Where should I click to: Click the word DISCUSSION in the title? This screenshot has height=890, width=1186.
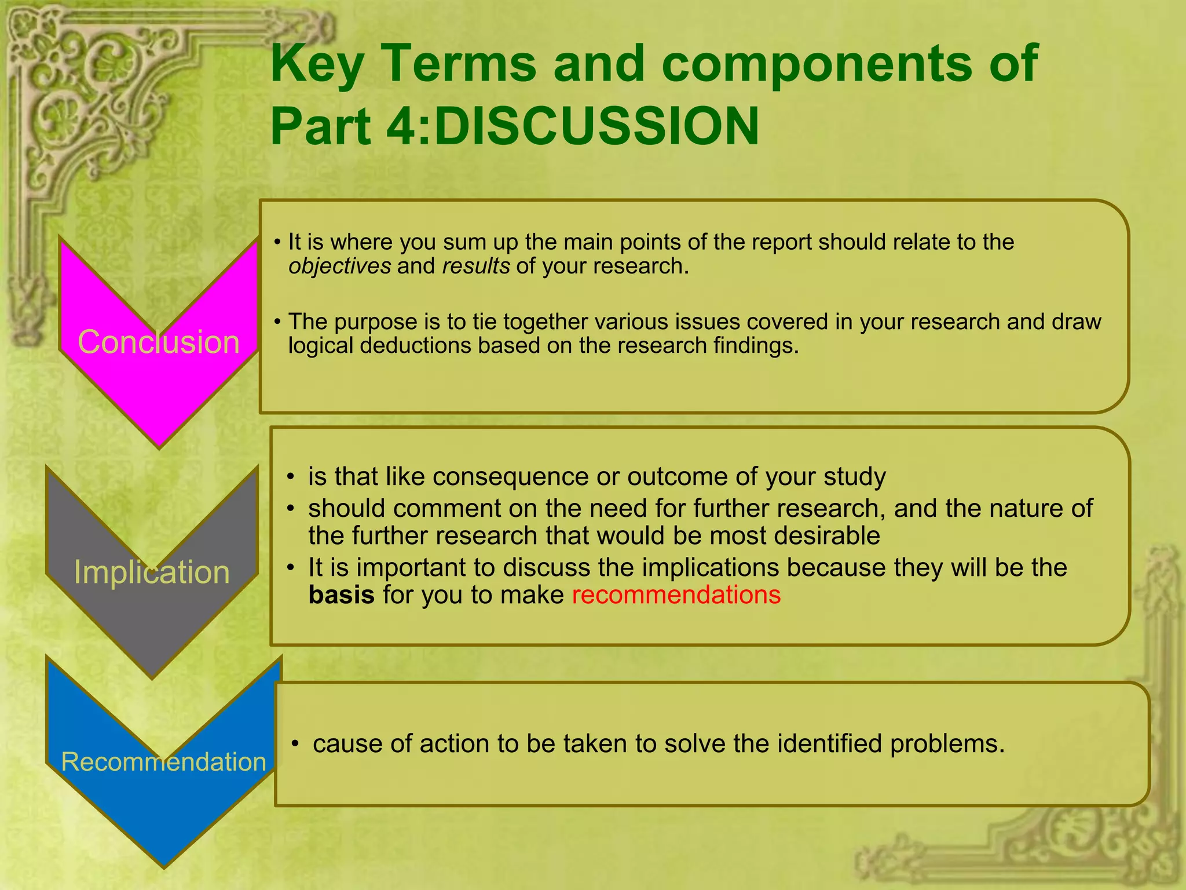click(596, 126)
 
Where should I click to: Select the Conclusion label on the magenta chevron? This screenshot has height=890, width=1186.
click(159, 342)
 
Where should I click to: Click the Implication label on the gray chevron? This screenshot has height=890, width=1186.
click(152, 572)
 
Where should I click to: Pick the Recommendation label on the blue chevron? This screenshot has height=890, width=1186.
click(163, 761)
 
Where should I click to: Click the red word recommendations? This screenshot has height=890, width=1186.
click(676, 595)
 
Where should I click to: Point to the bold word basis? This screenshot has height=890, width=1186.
click(341, 595)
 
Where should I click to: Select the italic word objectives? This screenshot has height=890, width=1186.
click(340, 266)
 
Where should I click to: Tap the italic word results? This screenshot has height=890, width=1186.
click(476, 266)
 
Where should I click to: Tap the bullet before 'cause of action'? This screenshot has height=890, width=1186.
click(295, 744)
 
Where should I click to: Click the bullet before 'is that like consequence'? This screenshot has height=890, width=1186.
click(291, 477)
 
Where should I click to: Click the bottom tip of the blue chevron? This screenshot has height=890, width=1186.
click(164, 866)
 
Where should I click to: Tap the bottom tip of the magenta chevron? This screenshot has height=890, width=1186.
click(159, 446)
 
